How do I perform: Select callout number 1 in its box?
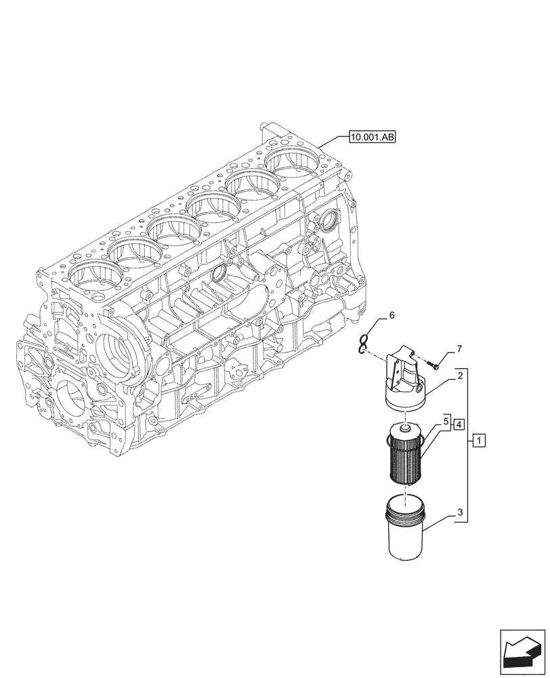point(479,442)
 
